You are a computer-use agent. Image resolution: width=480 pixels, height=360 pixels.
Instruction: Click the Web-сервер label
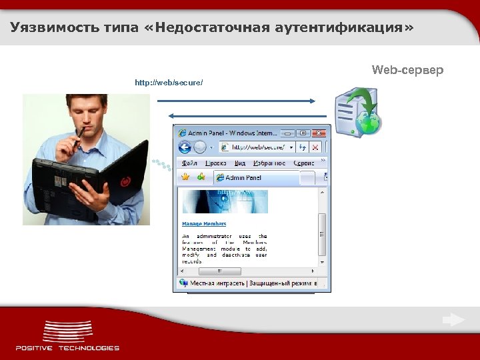tap(407, 70)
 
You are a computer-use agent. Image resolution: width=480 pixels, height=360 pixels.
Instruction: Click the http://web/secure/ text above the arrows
tap(169, 83)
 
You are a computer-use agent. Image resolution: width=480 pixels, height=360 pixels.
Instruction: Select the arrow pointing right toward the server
tap(237, 101)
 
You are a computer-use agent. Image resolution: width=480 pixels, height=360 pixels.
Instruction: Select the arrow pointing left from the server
tap(241, 115)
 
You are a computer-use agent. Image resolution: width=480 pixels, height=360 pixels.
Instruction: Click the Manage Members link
tap(204, 224)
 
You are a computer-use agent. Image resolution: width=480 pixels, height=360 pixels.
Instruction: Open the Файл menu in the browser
tap(189, 163)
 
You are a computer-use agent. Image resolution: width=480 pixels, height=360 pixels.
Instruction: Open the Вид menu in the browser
tap(240, 163)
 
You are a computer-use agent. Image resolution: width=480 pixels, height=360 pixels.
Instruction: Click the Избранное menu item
tap(269, 163)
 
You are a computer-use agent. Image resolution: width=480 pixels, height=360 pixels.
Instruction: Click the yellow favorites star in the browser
tap(187, 177)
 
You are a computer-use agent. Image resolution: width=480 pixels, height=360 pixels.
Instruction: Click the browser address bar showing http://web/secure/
tap(257, 147)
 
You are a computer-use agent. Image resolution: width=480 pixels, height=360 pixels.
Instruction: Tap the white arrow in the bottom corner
tap(453, 320)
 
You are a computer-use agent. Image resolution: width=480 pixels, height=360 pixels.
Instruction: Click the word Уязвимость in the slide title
tap(47, 28)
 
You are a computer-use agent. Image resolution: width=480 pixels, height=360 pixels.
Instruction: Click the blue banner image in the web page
tap(225, 201)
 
